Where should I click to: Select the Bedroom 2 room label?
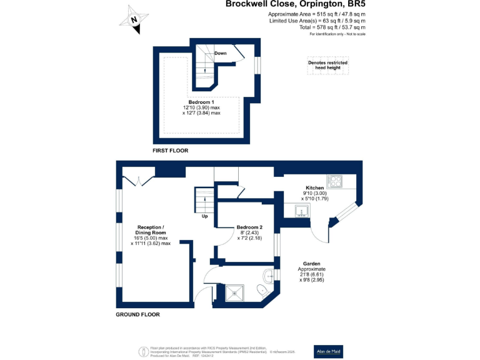point(249,227)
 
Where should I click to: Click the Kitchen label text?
point(314,188)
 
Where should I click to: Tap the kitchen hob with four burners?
point(334,182)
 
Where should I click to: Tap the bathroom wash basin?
point(268,274)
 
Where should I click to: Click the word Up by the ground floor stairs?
point(204,217)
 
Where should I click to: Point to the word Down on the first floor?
point(220,53)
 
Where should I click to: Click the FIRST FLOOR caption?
point(170,151)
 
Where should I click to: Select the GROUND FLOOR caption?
point(137,314)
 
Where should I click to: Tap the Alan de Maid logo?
point(328,351)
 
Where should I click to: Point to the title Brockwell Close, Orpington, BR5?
point(295,4)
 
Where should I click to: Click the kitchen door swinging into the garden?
point(320,233)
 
